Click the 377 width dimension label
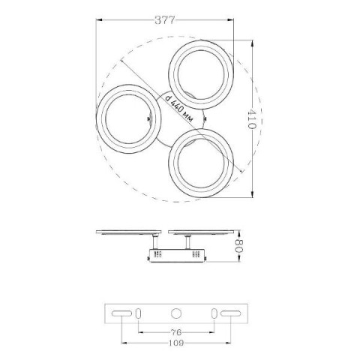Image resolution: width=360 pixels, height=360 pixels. click(164, 20)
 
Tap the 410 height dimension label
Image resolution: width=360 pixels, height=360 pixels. click(252, 119)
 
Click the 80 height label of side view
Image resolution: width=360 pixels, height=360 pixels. click(239, 246)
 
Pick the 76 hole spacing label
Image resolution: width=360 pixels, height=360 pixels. click(176, 332)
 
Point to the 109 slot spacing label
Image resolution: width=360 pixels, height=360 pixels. click(176, 343)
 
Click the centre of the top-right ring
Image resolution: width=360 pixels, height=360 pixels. click(201, 74)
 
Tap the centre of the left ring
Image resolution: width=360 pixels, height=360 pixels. click(128, 119)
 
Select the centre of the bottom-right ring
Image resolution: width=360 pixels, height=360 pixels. click(201, 163)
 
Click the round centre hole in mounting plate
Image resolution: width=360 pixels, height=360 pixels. click(176, 313)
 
